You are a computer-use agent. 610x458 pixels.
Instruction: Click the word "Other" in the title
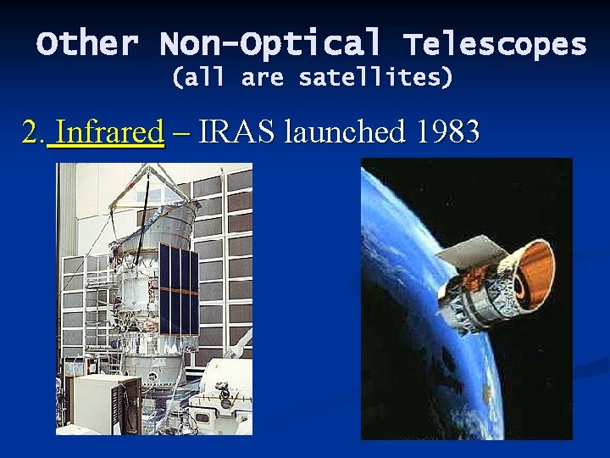(x=87, y=43)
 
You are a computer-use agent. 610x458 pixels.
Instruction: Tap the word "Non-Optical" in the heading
(x=270, y=43)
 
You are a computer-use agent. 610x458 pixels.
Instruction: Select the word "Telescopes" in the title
(x=495, y=43)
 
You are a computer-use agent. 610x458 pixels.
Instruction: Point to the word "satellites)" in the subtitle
(x=376, y=79)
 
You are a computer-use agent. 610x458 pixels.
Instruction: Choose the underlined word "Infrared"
(x=109, y=131)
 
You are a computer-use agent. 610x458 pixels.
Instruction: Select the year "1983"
(x=448, y=131)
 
